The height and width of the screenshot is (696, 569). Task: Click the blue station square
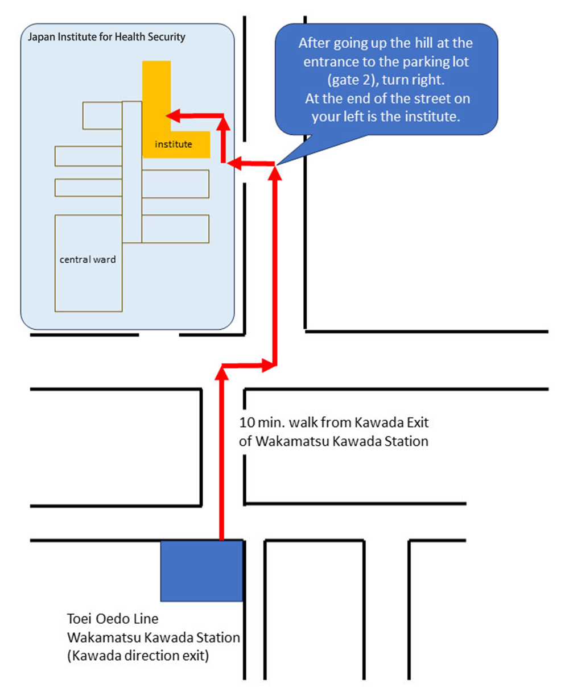coord(202,570)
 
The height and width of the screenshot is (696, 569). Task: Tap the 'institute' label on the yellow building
coord(174,144)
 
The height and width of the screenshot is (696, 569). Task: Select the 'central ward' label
coord(88,259)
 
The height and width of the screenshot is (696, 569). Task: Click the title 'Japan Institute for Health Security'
coord(107,38)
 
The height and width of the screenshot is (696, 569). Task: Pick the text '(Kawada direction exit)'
coord(138,656)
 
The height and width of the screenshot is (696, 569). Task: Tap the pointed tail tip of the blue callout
coord(277,164)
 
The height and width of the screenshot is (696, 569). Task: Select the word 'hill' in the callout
coord(418,43)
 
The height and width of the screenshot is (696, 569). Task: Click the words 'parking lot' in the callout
coord(434,61)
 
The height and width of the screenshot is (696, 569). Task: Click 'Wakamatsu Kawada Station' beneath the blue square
coord(153,637)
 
